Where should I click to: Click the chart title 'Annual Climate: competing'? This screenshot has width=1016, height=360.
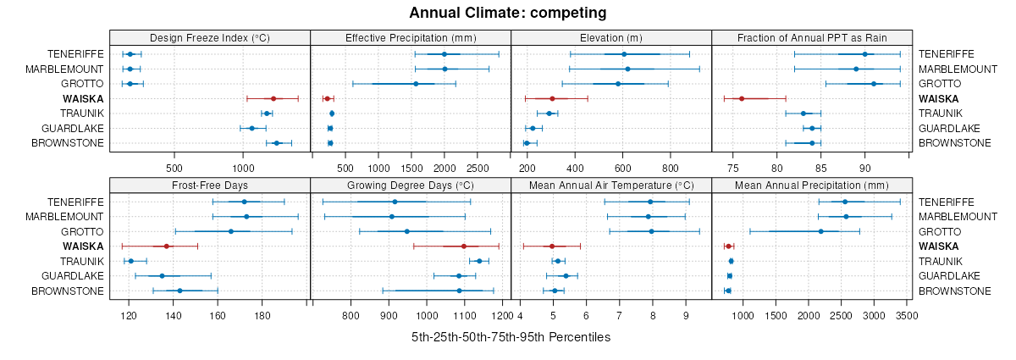pyautogui.click(x=508, y=13)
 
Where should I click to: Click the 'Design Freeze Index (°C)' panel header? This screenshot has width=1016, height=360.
pyautogui.click(x=210, y=37)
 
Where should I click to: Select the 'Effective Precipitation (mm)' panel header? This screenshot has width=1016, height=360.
pyautogui.click(x=411, y=37)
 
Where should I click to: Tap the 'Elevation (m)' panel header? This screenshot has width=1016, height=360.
pyautogui.click(x=611, y=37)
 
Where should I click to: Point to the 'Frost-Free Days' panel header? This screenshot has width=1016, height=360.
pyautogui.click(x=210, y=186)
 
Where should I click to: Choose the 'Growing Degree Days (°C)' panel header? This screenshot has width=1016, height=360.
pyautogui.click(x=411, y=186)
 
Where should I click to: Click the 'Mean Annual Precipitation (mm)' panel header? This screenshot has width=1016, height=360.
pyautogui.click(x=812, y=186)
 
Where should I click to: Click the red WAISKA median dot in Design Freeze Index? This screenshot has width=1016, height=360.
pyautogui.click(x=273, y=98)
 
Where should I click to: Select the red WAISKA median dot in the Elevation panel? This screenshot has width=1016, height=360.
pyautogui.click(x=552, y=98)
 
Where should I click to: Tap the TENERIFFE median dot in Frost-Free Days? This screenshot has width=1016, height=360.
pyautogui.click(x=244, y=202)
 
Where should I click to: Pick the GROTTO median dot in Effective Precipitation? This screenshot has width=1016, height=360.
pyautogui.click(x=416, y=84)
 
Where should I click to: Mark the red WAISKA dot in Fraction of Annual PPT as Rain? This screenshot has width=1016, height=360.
pyautogui.click(x=742, y=98)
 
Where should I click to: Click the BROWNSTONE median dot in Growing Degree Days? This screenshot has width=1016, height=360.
pyautogui.click(x=460, y=291)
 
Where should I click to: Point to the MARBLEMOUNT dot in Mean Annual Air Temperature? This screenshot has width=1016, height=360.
pyautogui.click(x=649, y=217)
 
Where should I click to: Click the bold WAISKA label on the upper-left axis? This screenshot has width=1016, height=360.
pyautogui.click(x=83, y=98)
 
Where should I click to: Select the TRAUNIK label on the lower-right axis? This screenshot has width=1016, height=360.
pyautogui.click(x=940, y=261)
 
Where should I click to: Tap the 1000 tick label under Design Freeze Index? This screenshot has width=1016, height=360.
pyautogui.click(x=243, y=156)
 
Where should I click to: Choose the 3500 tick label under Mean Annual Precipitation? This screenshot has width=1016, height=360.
pyautogui.click(x=907, y=316)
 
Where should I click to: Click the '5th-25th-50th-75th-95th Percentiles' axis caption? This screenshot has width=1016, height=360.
pyautogui.click(x=511, y=336)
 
